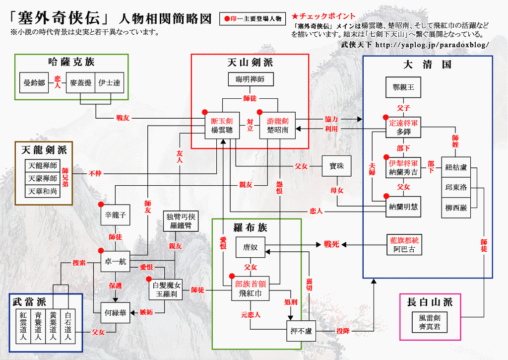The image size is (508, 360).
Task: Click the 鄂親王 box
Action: (x=403, y=87)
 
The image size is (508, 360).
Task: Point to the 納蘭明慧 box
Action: (x=403, y=207)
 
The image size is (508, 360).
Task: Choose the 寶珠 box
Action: (x=336, y=166)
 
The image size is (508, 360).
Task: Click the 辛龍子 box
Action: (x=116, y=215)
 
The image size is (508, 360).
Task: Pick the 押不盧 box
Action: (x=301, y=331)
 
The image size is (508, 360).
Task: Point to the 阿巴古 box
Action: (x=403, y=245)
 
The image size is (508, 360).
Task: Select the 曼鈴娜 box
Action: (x=34, y=83)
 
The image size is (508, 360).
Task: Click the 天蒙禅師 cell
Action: (x=43, y=178)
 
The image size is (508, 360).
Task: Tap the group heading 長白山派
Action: (x=430, y=302)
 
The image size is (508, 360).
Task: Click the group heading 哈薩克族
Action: (x=71, y=62)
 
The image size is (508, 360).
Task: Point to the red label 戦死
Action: (x=331, y=244)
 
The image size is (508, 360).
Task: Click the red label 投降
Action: (x=342, y=331)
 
